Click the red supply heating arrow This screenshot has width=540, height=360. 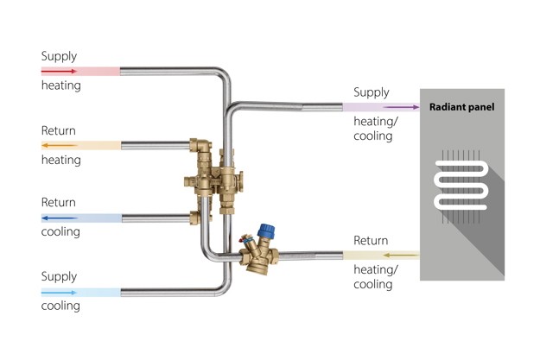tap(59, 71)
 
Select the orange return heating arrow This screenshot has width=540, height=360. tap(59, 145)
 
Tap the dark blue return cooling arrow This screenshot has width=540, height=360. tap(59, 218)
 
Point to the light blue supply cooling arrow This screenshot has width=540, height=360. tap(59, 293)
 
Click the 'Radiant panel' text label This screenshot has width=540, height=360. tap(462, 108)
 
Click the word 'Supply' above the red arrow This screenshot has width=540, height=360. tap(59, 56)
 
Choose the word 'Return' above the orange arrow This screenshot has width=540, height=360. tap(59, 130)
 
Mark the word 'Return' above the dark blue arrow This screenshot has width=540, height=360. tap(59, 203)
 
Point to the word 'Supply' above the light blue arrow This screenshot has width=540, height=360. tap(59, 277)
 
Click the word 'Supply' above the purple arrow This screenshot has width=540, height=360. tap(372, 92)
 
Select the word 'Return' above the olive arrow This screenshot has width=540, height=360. tap(372, 241)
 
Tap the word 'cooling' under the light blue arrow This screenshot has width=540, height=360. tap(60, 306)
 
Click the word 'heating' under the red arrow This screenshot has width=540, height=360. tap(60, 85)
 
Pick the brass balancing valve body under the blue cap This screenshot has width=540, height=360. tap(257, 257)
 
